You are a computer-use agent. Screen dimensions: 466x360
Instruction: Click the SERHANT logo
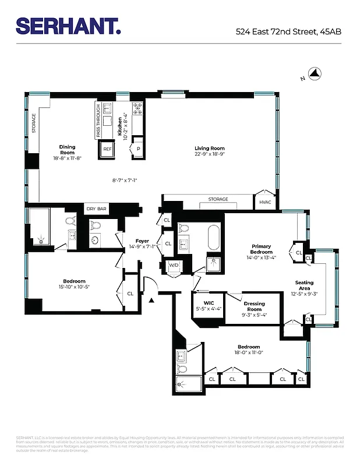click(68, 26)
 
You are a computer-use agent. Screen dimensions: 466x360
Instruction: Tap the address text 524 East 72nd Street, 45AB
click(288, 32)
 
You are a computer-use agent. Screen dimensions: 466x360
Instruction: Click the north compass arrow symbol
click(315, 73)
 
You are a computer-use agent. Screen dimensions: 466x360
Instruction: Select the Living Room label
click(210, 149)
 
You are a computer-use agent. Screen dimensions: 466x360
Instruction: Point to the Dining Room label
click(67, 150)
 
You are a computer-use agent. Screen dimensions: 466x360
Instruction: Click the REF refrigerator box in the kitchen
click(108, 150)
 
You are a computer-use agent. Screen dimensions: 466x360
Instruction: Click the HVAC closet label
click(265, 202)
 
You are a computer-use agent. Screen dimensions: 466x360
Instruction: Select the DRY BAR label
click(96, 209)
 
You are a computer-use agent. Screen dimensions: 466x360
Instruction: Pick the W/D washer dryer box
click(174, 266)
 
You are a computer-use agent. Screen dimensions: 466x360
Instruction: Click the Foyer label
click(142, 241)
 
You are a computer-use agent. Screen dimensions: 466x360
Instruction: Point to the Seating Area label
click(306, 285)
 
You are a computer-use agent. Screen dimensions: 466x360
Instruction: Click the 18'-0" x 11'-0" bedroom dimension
click(249, 352)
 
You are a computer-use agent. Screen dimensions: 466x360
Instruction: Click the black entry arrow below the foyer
click(151, 301)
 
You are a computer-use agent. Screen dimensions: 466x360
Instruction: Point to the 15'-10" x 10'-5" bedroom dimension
click(74, 287)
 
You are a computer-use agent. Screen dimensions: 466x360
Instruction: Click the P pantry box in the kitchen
click(138, 149)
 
